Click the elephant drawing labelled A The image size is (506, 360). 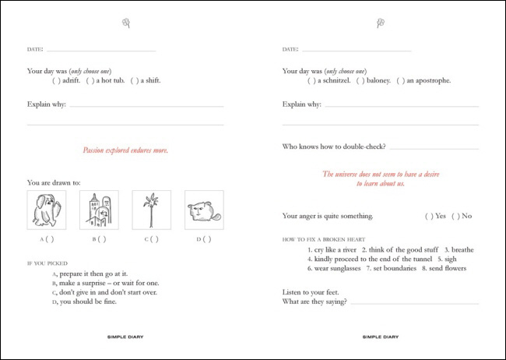(x=46, y=210)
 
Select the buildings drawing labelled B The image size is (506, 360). (x=99, y=210)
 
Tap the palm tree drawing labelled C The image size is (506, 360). (x=151, y=210)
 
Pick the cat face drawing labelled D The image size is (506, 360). (x=204, y=210)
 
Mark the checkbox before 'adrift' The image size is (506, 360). (x=56, y=81)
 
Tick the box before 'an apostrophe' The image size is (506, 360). (x=400, y=81)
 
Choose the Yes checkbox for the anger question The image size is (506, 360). (x=429, y=216)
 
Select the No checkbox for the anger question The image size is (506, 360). (x=455, y=216)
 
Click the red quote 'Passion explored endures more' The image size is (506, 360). (x=125, y=150)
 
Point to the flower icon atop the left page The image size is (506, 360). (x=126, y=23)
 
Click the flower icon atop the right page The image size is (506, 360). (x=381, y=23)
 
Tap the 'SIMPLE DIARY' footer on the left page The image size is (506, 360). (x=125, y=337)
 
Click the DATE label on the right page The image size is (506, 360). (x=290, y=49)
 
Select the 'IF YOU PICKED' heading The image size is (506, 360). (x=47, y=263)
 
